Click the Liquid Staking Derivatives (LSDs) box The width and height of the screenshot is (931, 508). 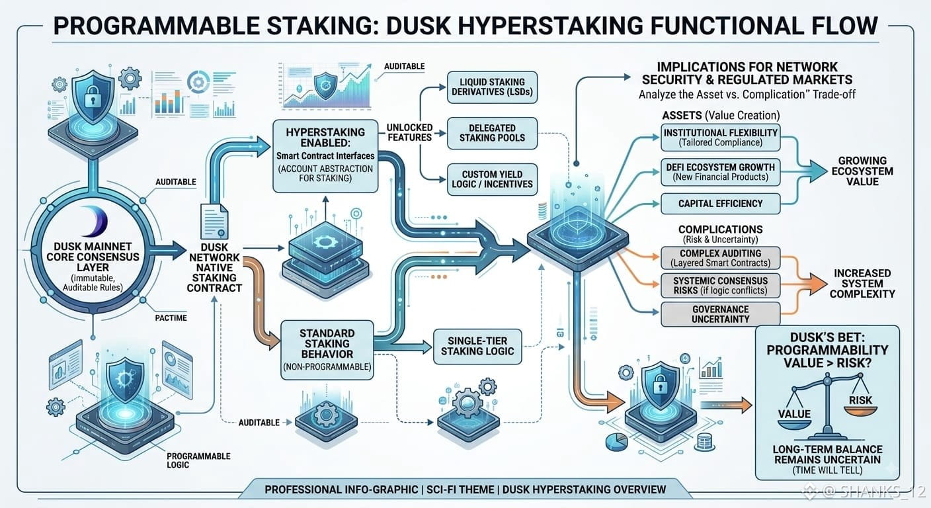click(x=492, y=87)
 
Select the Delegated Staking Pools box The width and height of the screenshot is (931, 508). click(x=492, y=133)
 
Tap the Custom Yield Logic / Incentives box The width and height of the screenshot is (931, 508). click(x=492, y=179)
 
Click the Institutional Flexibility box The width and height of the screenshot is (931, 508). click(x=720, y=138)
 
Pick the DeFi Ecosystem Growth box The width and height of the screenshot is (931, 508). click(x=720, y=172)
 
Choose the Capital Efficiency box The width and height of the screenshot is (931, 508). click(x=720, y=204)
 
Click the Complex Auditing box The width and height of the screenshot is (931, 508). click(x=720, y=258)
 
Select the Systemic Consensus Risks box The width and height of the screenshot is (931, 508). click(x=720, y=286)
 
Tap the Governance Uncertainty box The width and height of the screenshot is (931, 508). click(x=720, y=314)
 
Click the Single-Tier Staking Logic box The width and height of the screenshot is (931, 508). click(x=477, y=347)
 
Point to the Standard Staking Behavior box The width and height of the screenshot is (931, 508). click(x=327, y=350)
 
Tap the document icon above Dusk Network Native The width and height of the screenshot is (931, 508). click(x=214, y=221)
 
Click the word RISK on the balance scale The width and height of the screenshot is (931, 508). click(x=860, y=400)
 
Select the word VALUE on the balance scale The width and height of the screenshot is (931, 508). click(x=794, y=414)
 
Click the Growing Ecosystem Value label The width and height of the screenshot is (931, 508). click(x=862, y=171)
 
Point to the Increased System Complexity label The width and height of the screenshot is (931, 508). click(x=862, y=284)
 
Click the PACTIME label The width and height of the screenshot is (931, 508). click(x=171, y=318)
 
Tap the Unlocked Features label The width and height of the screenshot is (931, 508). click(x=409, y=132)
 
